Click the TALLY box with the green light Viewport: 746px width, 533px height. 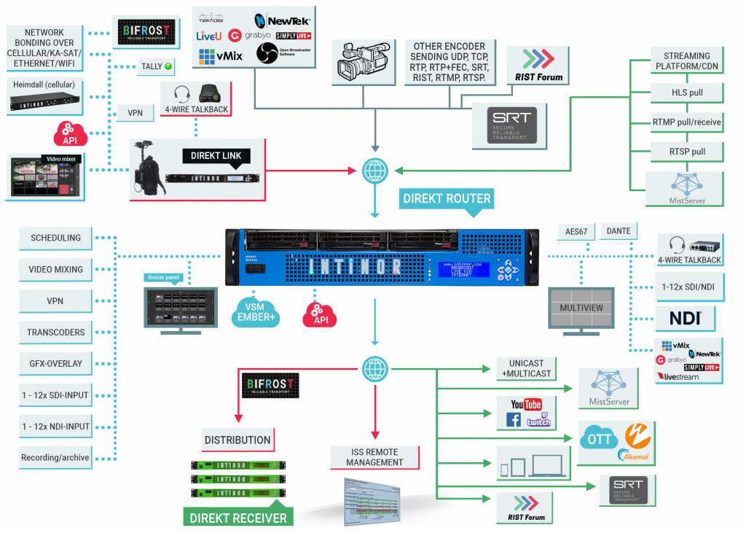coord(157,67)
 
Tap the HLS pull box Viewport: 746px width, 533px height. coord(686,93)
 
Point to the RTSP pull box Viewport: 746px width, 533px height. coord(686,152)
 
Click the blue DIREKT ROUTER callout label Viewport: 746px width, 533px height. coord(447,198)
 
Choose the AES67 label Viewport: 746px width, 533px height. coord(576,231)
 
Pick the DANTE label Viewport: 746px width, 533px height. coord(619,231)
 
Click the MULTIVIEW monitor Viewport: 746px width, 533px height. coord(581,308)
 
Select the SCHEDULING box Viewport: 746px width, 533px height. coord(56,238)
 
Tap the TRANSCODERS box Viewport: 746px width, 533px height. coord(56,332)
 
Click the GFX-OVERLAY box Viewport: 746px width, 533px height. coord(56,363)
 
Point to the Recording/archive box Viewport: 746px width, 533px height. coord(56,458)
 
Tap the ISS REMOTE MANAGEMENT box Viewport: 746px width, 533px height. coord(374,457)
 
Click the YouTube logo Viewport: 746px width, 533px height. coord(526,405)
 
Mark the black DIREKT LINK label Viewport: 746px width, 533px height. coord(216,156)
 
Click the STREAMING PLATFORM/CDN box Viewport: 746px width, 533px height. coord(686,61)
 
